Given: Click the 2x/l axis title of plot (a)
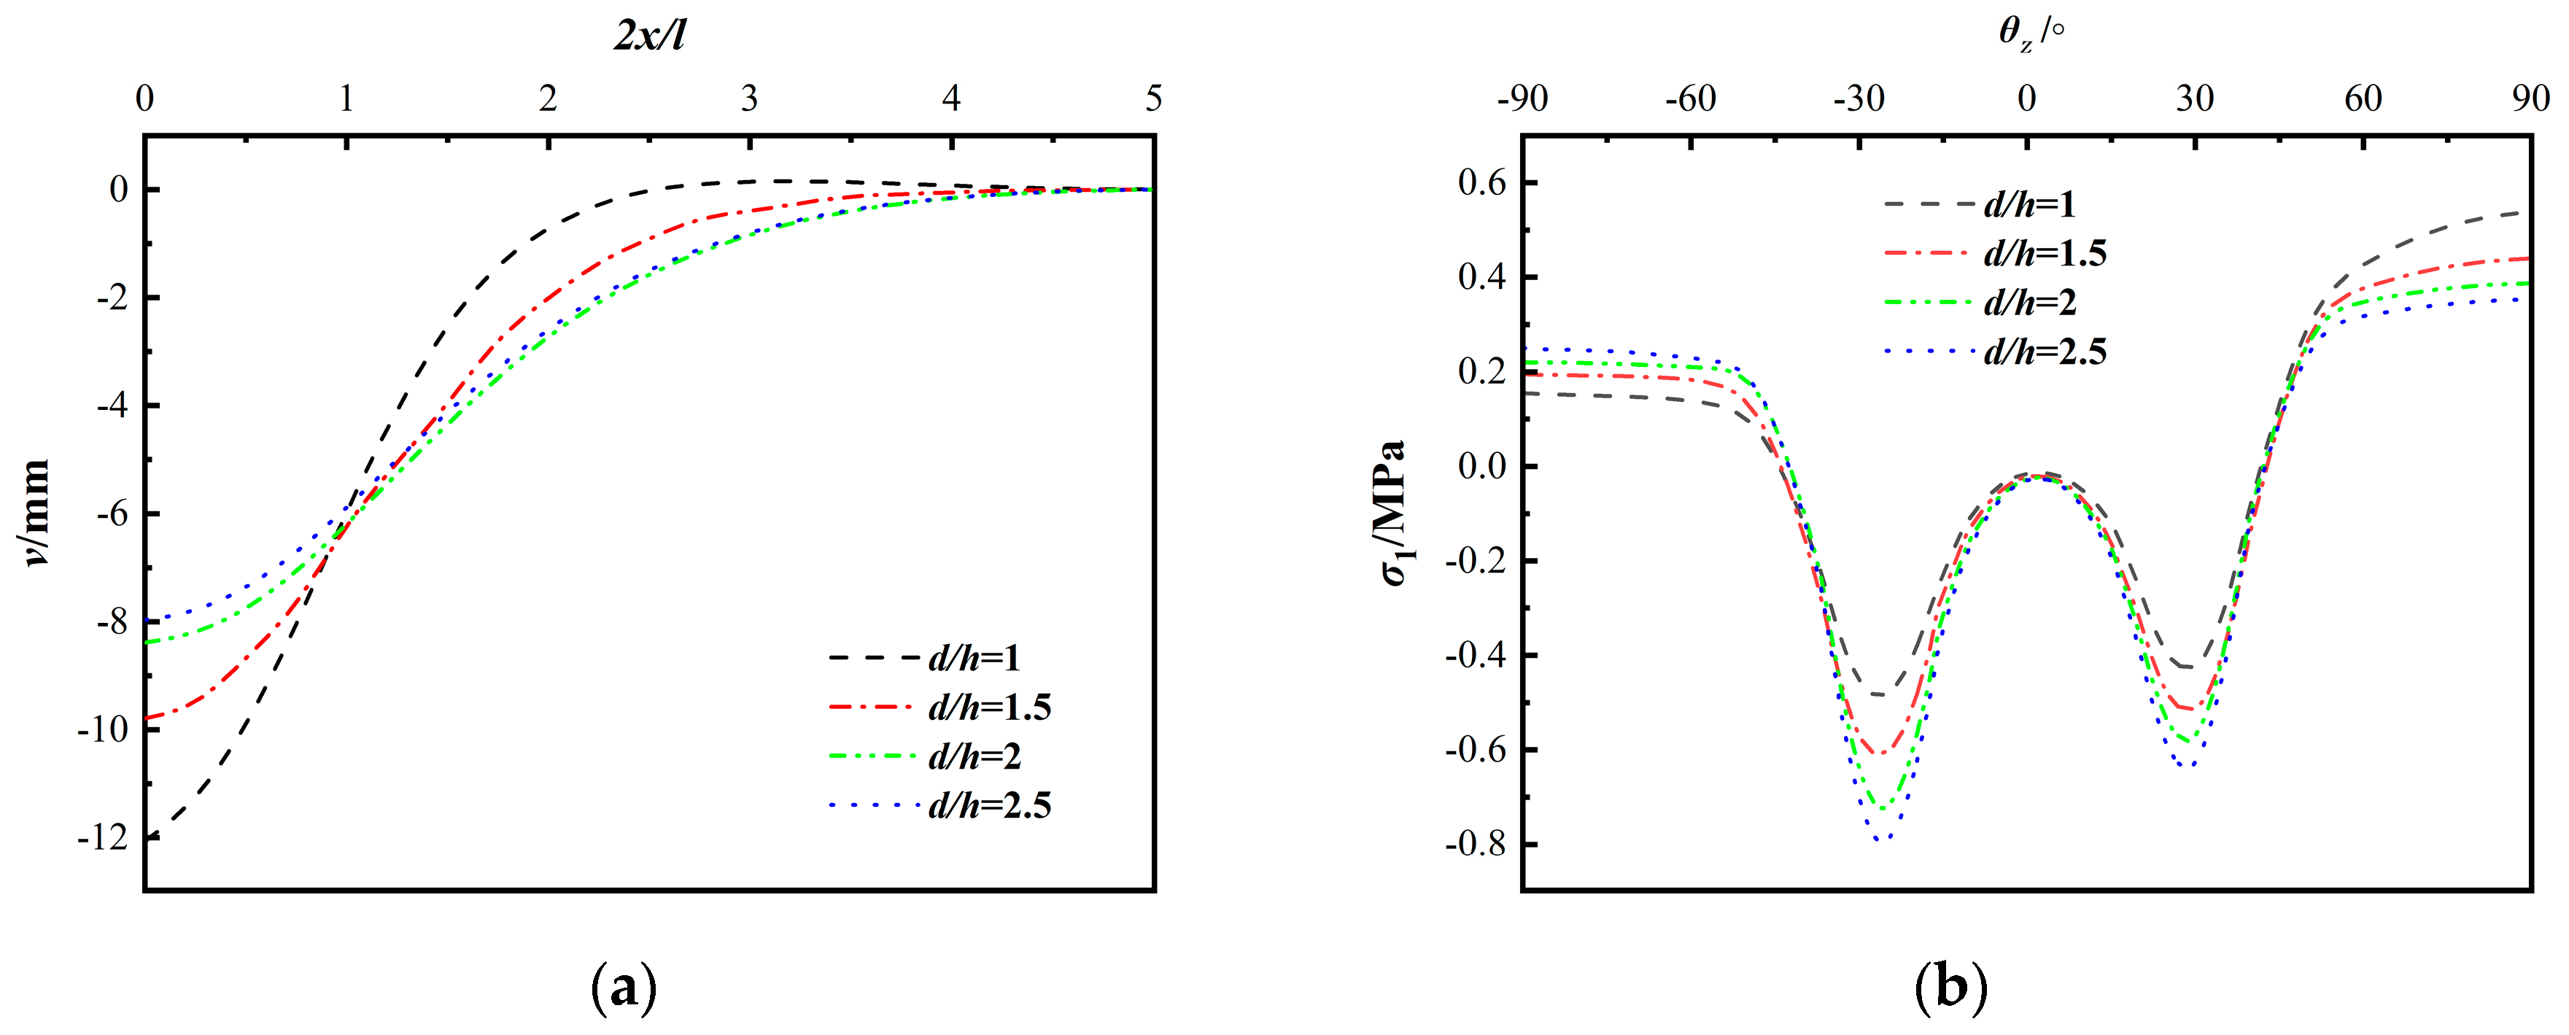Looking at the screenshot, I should coord(649,36).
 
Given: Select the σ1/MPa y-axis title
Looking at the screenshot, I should coord(1394,513).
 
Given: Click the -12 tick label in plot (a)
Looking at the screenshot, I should coord(104,837).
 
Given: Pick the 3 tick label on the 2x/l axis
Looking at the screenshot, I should coord(749,98).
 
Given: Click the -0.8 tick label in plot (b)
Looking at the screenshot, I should coord(1476,845).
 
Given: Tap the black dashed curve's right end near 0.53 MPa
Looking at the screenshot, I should coord(2527,212).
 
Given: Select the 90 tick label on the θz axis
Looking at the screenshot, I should coord(2530,98).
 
